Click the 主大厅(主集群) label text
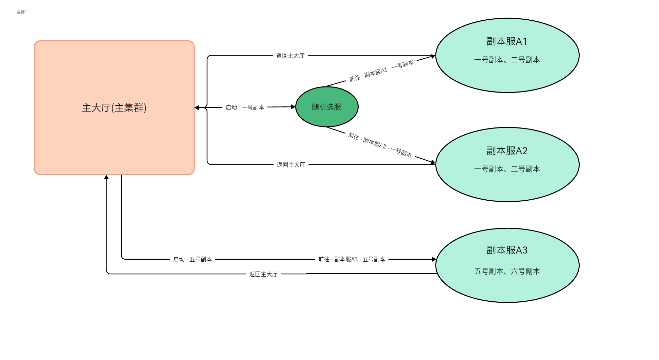[114, 108]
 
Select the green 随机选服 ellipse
[326, 107]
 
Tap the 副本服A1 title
[507, 41]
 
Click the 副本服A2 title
[507, 151]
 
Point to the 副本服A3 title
[507, 250]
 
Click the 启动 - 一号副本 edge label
[245, 107]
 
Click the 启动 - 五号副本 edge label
[193, 259]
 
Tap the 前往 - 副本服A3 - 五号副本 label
[352, 259]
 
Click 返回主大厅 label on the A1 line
[291, 56]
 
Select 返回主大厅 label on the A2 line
[291, 165]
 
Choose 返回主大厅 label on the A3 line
[263, 274]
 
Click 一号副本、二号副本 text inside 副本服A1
[507, 60]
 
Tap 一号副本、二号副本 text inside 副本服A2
[507, 169]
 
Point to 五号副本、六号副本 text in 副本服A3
[507, 272]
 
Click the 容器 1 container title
[22, 12]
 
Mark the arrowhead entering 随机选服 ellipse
[293, 107]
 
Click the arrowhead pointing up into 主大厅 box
[106, 177]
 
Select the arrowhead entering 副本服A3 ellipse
[434, 259]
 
